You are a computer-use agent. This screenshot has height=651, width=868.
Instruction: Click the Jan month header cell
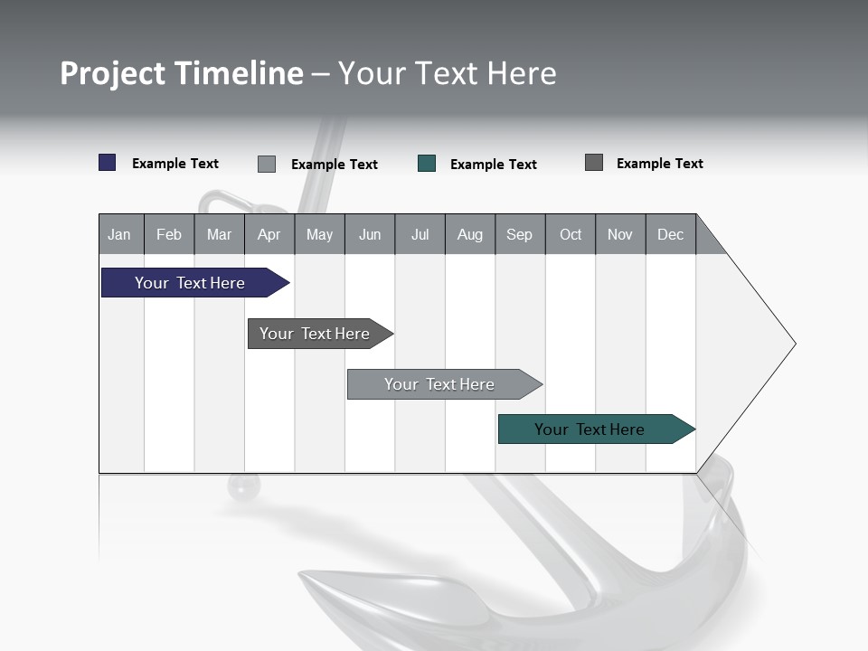[x=120, y=234]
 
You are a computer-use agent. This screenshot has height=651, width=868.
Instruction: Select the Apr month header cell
[x=269, y=234]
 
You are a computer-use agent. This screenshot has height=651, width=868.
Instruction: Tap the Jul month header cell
[x=420, y=234]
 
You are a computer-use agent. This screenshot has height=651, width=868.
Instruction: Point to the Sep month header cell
[x=519, y=234]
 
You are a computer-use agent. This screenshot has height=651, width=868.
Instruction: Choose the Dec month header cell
[x=670, y=234]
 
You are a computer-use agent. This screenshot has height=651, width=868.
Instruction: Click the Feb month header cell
[x=169, y=234]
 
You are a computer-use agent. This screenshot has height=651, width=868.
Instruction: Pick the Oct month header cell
[x=571, y=234]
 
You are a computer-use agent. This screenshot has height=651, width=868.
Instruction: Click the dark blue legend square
[x=108, y=163]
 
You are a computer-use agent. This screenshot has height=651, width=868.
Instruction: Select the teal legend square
[x=427, y=164]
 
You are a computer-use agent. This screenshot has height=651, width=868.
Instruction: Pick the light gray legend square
[x=267, y=164]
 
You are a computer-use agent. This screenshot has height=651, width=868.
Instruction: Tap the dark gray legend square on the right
[x=594, y=163]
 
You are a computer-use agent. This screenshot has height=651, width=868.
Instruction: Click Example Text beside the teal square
[x=493, y=165]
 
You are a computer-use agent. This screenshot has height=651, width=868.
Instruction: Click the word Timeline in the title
[x=239, y=73]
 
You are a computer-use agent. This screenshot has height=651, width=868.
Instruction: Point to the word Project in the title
[x=113, y=74]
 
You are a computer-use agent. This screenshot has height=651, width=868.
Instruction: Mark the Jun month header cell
[x=370, y=234]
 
